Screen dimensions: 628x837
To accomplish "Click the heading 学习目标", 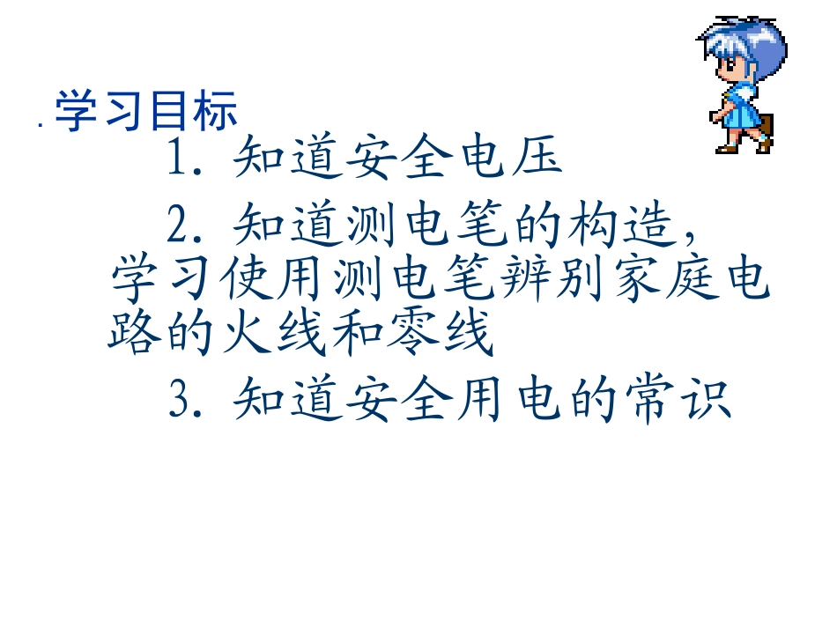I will [x=146, y=113].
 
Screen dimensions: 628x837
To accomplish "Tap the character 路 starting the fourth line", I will [x=132, y=336].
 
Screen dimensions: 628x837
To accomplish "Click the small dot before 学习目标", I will [x=41, y=126].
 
